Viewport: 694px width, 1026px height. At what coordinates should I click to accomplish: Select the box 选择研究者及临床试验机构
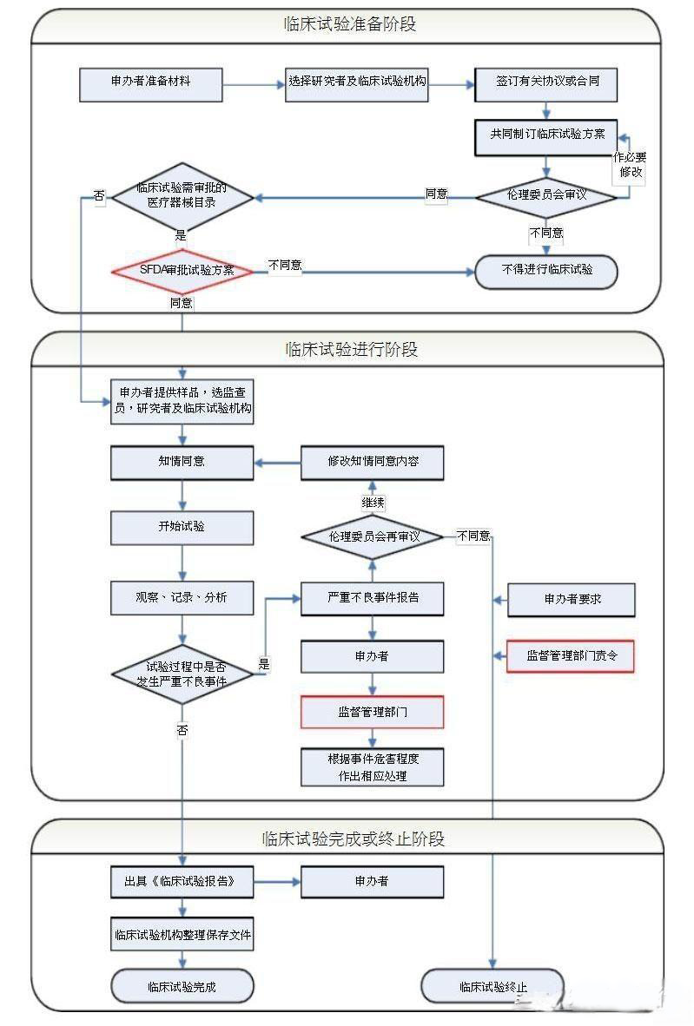tap(357, 84)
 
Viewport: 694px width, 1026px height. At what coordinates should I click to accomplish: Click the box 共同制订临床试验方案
tap(546, 135)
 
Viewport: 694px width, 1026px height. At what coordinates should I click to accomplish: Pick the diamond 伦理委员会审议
tap(546, 195)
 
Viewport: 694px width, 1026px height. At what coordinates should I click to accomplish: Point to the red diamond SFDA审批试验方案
tap(182, 270)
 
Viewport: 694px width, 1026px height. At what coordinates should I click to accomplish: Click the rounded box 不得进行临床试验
tap(546, 271)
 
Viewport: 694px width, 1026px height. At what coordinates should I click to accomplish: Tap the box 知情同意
tap(182, 462)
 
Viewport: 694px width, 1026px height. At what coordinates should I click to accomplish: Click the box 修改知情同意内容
tap(373, 462)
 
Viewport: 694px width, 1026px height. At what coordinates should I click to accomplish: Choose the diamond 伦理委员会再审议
tap(373, 536)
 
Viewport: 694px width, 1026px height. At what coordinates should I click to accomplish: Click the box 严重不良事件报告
tap(373, 599)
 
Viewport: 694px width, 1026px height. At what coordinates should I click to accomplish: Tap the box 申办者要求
tap(571, 599)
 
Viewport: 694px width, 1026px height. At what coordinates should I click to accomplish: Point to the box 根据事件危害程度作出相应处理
tap(373, 767)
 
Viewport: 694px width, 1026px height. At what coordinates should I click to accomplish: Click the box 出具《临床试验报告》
tap(182, 881)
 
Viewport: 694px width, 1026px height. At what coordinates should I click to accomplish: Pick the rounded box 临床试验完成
tap(182, 986)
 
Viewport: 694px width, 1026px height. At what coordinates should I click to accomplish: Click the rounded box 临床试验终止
tap(492, 987)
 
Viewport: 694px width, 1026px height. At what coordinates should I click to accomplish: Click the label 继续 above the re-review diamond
tap(373, 503)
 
